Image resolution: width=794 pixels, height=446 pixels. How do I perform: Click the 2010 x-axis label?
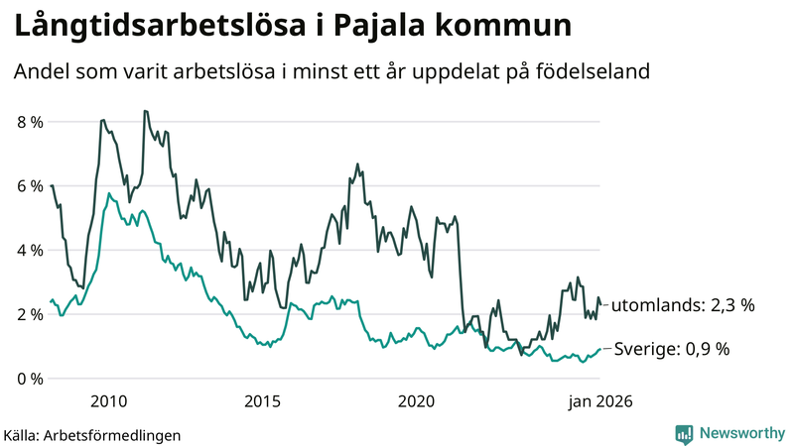point(108,401)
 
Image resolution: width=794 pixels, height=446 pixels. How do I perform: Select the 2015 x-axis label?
point(262,401)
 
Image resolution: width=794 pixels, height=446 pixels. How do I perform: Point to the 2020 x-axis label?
point(417,401)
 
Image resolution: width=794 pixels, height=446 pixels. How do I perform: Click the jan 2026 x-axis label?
point(599,401)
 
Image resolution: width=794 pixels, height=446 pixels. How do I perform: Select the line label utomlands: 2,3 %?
point(683,305)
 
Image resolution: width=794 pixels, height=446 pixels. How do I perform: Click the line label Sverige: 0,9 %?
point(672,349)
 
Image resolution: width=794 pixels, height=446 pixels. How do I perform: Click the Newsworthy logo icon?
point(684,433)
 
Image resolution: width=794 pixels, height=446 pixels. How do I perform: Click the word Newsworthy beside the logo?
point(741,433)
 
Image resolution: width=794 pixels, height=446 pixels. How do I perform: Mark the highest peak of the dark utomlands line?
point(145,111)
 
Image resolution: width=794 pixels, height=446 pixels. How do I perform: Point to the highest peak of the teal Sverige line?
point(108,194)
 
